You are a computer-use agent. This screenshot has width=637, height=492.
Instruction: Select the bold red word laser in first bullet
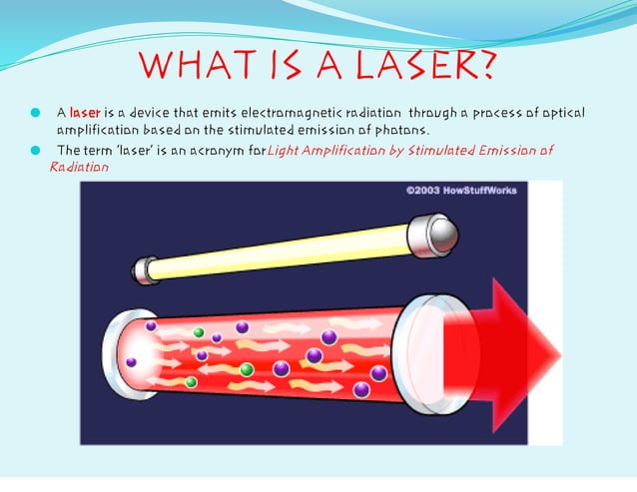point(86,113)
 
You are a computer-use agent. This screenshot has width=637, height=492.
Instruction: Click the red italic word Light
point(286,150)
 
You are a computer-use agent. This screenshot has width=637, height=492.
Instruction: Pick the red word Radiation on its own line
point(79,167)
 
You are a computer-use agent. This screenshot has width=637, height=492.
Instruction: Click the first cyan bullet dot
point(36,113)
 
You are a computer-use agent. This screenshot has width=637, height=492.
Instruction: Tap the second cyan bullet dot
point(36,150)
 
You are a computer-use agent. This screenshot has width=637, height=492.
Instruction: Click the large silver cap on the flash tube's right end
point(436,234)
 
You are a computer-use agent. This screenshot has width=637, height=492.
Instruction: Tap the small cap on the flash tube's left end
point(147,269)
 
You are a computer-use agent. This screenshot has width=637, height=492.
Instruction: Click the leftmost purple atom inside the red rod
point(131,361)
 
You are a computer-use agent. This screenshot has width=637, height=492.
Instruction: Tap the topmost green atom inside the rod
point(199,332)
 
